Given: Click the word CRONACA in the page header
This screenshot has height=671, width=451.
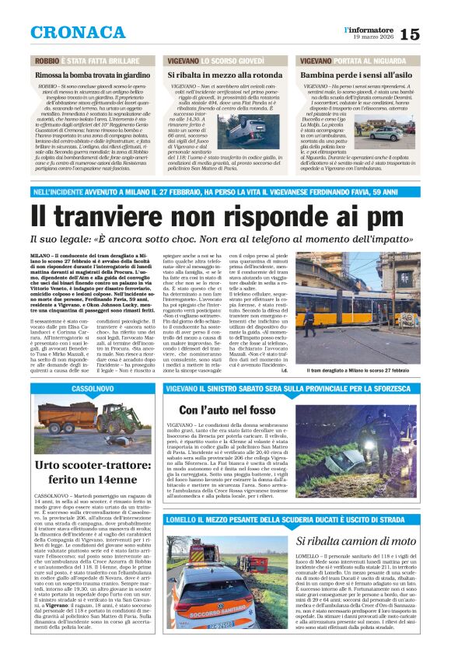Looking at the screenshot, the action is click(77, 32).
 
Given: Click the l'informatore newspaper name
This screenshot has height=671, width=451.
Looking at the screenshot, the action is click(369, 29).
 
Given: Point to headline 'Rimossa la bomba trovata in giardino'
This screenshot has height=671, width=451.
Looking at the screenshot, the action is click(96, 74).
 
